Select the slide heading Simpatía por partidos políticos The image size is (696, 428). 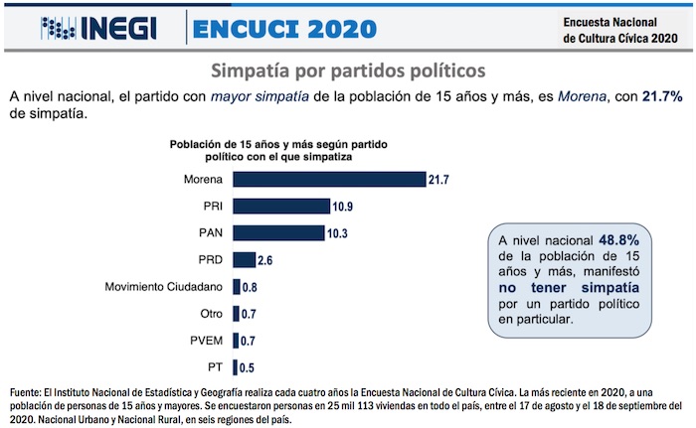point(347,71)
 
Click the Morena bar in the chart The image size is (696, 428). point(328,179)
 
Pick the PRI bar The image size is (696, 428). point(280,206)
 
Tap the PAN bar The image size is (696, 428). point(278,232)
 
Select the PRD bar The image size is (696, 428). point(243,260)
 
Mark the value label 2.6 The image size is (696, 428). point(265,260)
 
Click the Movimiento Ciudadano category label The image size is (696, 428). point(164,288)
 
